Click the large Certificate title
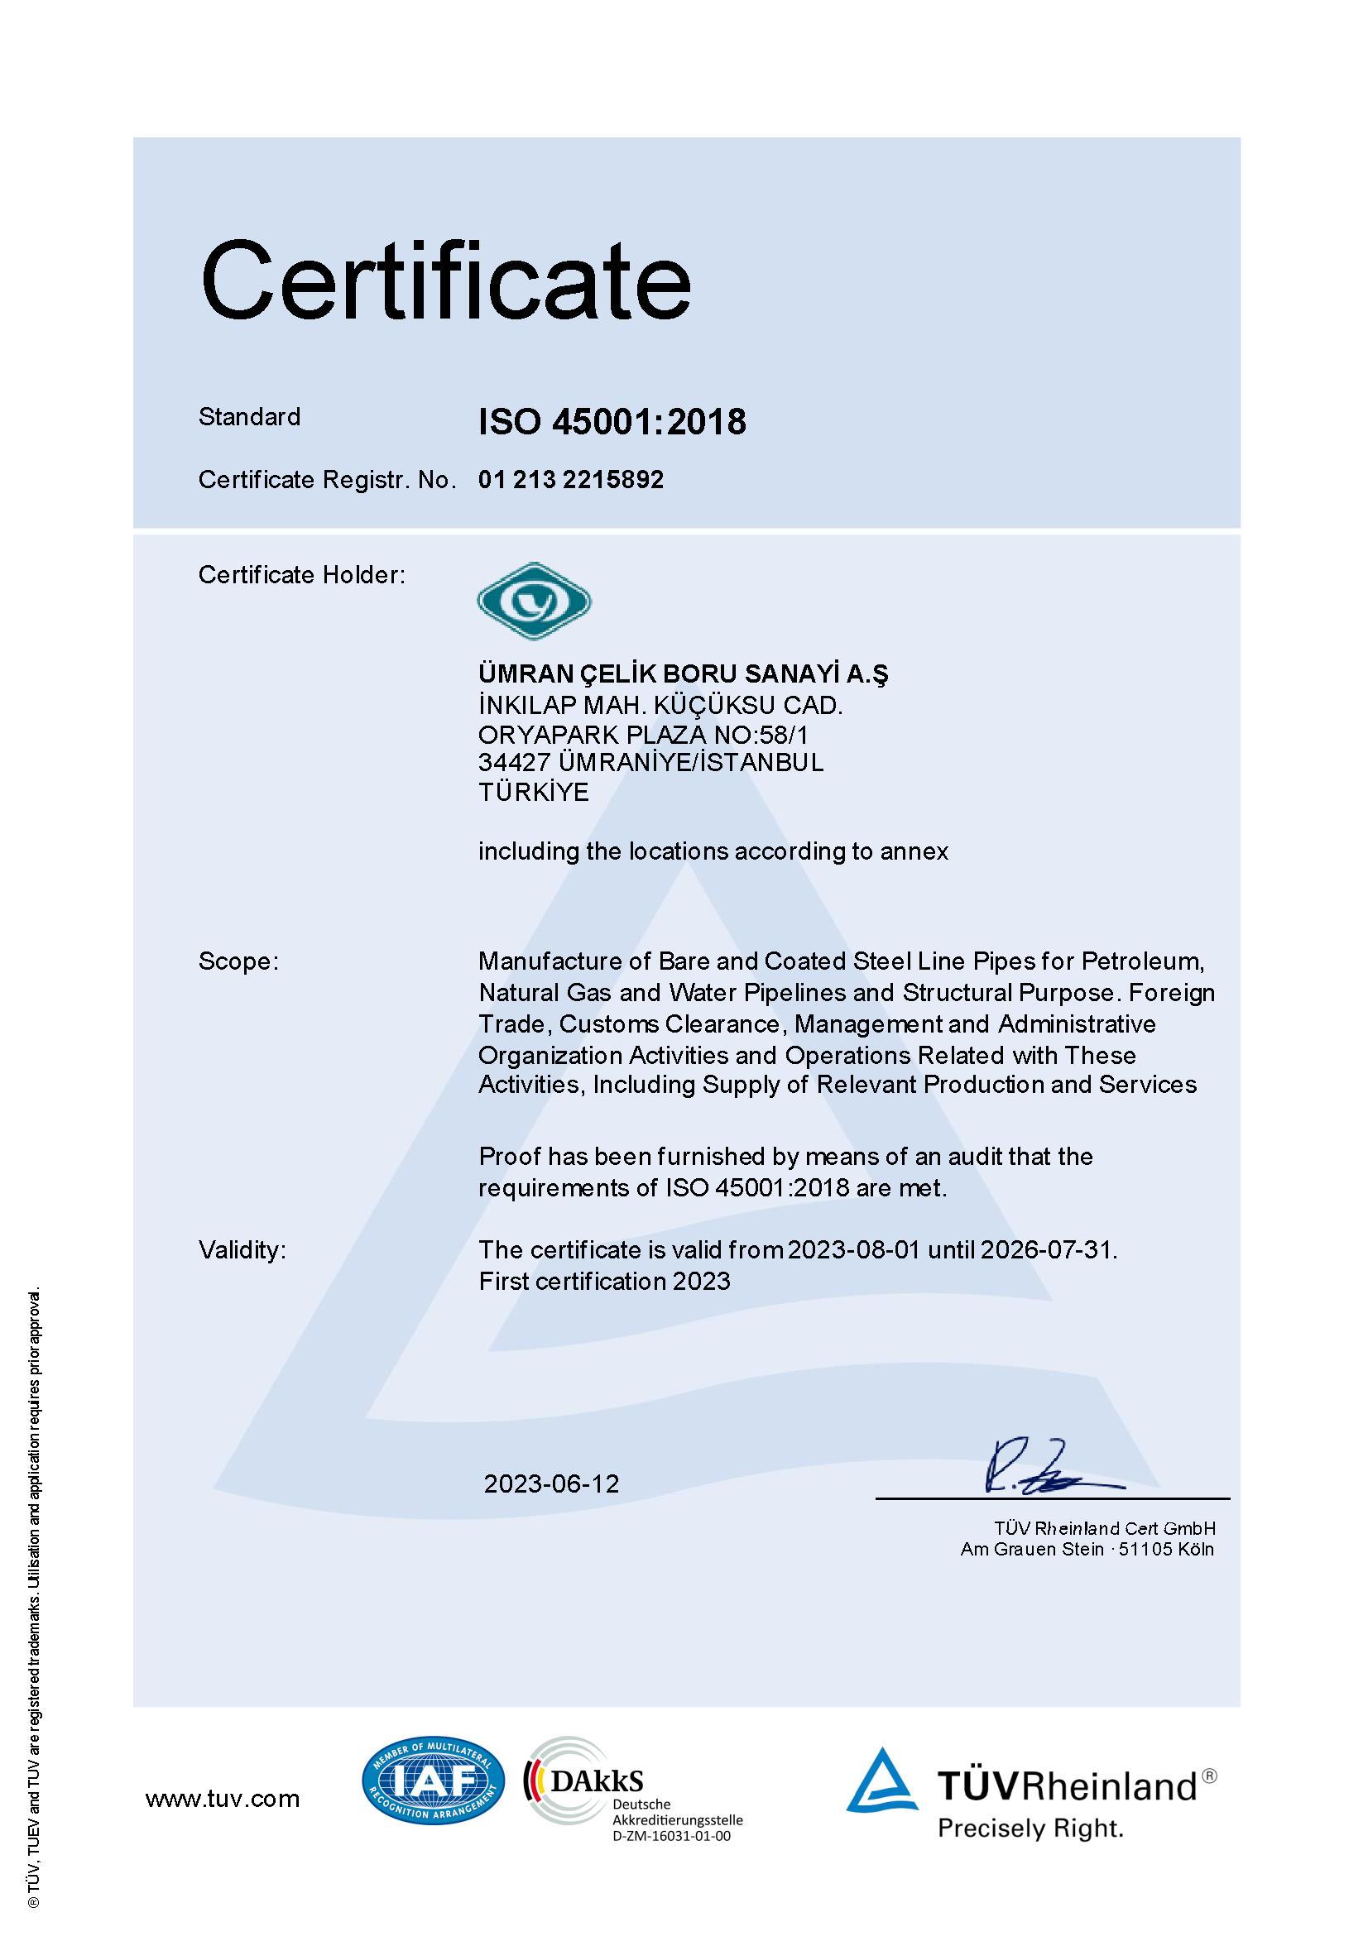point(445,280)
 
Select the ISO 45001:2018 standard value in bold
point(612,421)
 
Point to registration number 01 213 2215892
point(570,480)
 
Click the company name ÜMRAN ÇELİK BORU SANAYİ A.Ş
point(683,673)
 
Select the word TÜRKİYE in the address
point(533,792)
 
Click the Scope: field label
point(238,961)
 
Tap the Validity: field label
point(242,1250)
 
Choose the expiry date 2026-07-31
point(1048,1250)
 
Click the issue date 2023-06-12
point(551,1483)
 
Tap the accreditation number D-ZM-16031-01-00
point(670,1836)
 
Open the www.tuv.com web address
point(222,1799)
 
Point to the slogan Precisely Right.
point(1030,1829)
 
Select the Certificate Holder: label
point(302,575)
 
